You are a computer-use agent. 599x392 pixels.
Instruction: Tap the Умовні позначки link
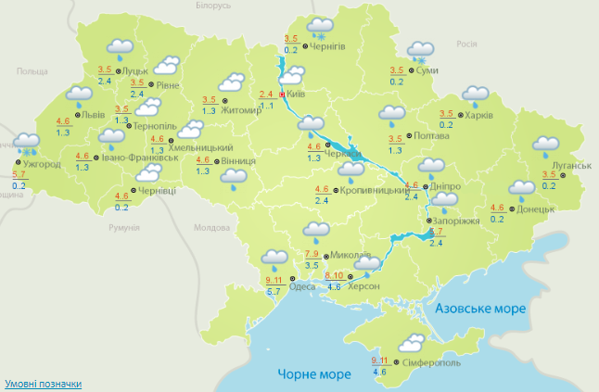[43, 383]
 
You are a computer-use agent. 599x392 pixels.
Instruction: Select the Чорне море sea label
[314, 373]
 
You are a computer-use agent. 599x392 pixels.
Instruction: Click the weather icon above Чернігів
[322, 28]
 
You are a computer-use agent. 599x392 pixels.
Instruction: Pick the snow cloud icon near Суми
[423, 52]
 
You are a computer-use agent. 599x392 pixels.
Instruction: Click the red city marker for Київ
[282, 94]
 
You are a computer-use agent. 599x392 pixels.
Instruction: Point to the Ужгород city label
[41, 164]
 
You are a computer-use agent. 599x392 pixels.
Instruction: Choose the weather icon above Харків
[476, 95]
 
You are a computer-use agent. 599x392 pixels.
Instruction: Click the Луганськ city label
[568, 165]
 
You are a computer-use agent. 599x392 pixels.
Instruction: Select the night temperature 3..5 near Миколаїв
[312, 265]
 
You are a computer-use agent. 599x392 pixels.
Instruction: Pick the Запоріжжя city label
[453, 221]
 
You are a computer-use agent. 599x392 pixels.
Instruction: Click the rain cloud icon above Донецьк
[521, 189]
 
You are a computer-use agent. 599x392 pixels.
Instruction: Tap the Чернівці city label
[156, 191]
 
